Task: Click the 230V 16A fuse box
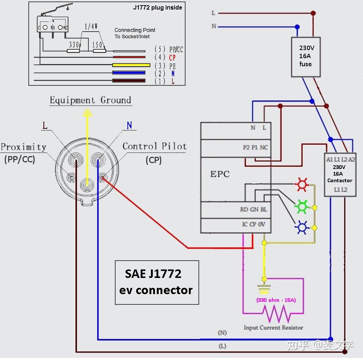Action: [x=305, y=57]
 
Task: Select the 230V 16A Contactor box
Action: [x=340, y=174]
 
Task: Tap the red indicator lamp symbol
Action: [x=302, y=184]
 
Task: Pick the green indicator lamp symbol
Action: [x=302, y=207]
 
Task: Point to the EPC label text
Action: [x=220, y=174]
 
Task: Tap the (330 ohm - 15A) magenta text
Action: [x=276, y=300]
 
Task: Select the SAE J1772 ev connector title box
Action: [x=157, y=282]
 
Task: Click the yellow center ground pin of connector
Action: [x=87, y=183]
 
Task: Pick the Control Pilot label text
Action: [x=154, y=147]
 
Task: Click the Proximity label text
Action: [x=24, y=147]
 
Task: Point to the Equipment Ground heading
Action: [x=90, y=100]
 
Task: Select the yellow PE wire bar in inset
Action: [x=131, y=65]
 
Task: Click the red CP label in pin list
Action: [x=172, y=58]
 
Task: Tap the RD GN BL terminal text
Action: [x=253, y=209]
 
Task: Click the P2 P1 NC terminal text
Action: [x=255, y=147]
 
